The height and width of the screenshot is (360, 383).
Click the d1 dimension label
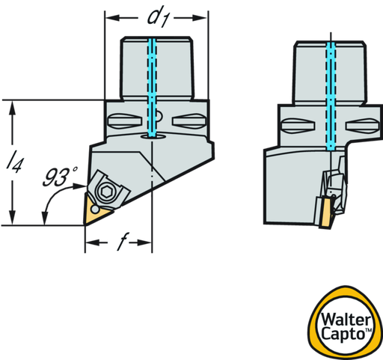pos(158,18)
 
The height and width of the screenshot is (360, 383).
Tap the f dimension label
pos(123,242)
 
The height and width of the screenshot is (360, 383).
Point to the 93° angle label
pos(60,177)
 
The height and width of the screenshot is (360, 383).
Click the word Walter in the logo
pos(346,320)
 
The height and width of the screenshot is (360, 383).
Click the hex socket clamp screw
pos(108,192)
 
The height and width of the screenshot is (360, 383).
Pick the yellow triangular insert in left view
pos(96,211)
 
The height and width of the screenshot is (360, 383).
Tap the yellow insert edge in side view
pos(325,213)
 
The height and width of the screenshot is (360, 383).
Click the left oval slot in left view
pos(125,121)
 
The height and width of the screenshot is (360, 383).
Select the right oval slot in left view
pos(189,121)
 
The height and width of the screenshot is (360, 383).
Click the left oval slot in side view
pos(298,126)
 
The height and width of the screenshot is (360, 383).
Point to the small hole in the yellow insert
pos(95,210)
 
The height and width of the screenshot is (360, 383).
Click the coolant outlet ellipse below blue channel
pos(153,136)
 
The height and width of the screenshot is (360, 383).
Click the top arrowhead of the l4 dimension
pos(12,108)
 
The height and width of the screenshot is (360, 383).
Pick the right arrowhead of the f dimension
pos(144,242)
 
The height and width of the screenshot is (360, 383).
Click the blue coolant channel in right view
pos(331,96)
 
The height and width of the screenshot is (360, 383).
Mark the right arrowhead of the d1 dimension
pos(200,18)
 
